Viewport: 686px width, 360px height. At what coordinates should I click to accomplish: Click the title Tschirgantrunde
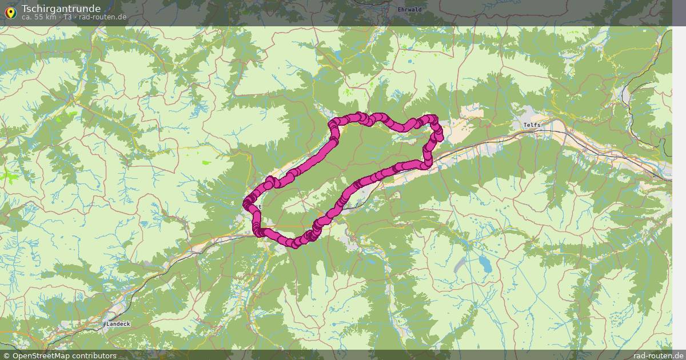[61, 9]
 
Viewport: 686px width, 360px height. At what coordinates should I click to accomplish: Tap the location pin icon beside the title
[10, 12]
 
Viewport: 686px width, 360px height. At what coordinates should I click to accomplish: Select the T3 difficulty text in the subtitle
[67, 17]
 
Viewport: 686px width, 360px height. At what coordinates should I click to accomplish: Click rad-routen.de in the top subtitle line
[103, 17]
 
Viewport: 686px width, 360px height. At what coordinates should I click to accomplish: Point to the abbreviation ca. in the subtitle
[27, 17]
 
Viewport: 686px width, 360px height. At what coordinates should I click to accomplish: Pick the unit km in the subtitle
[50, 17]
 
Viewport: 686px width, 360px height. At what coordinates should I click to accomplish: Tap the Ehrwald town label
[409, 10]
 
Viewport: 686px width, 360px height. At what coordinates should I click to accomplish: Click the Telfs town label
[532, 125]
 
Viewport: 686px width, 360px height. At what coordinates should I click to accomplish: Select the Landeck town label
[118, 324]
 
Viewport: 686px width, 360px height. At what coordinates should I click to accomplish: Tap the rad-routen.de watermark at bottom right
[658, 355]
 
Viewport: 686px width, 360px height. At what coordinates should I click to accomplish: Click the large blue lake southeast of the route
[485, 263]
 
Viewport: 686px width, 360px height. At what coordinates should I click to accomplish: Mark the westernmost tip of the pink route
[246, 203]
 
